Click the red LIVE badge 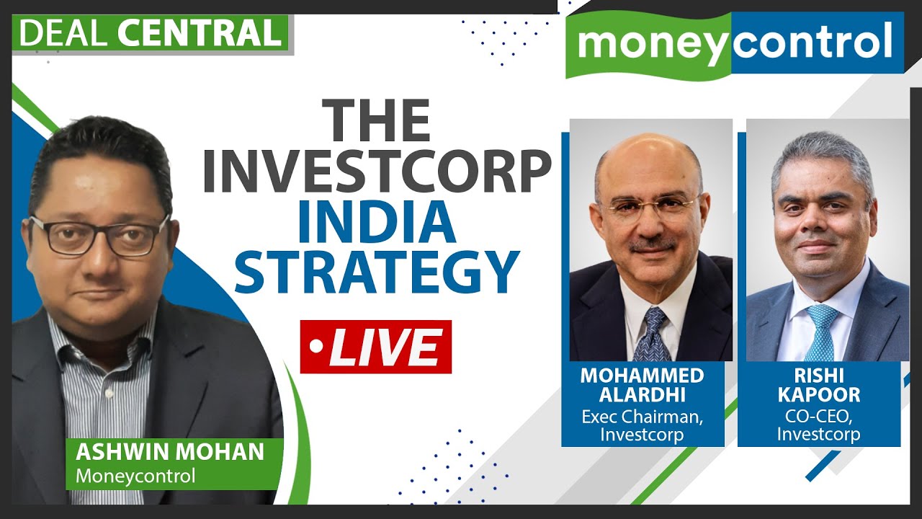[375, 347]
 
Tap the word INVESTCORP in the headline [376, 172]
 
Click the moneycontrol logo [734, 45]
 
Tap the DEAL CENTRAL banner [150, 33]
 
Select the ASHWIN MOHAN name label [170, 453]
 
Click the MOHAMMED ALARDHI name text [643, 386]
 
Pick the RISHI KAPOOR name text [818, 386]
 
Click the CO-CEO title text [818, 416]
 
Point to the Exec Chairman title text [643, 416]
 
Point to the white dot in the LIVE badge [315, 347]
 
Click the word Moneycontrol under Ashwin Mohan [135, 476]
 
